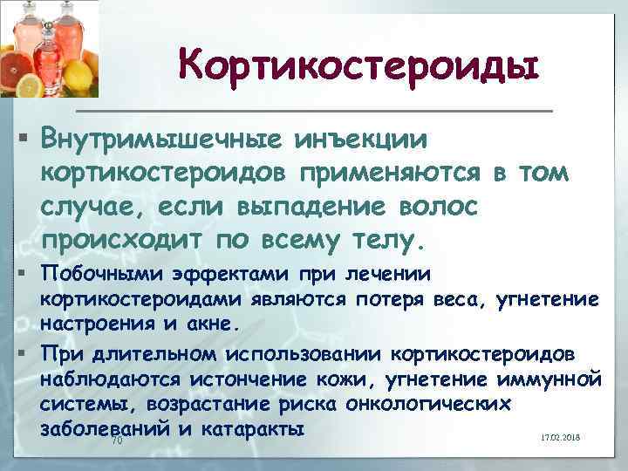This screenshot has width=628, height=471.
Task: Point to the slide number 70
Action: pos(118,442)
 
